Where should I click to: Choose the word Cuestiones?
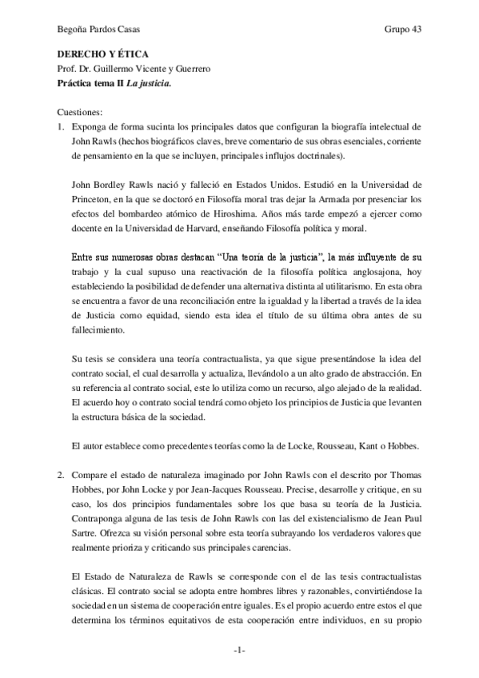(x=82, y=112)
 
